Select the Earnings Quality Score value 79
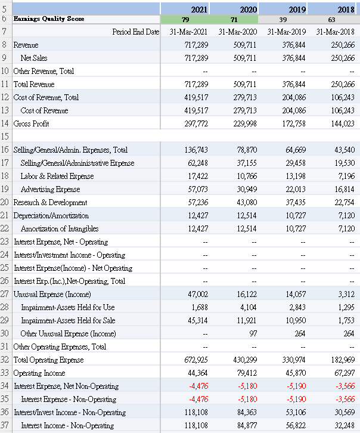(x=185, y=19)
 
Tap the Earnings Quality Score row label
(x=49, y=19)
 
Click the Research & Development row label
(x=50, y=202)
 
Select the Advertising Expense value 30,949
(x=245, y=189)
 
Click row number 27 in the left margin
(x=5, y=294)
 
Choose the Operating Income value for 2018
(x=342, y=373)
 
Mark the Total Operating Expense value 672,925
(x=195, y=360)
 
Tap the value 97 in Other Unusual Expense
(x=253, y=333)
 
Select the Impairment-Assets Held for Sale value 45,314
(x=198, y=320)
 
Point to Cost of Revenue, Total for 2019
(x=294, y=97)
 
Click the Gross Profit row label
(x=32, y=123)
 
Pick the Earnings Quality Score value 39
(x=283, y=19)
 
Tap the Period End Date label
(x=136, y=32)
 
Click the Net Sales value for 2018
(x=342, y=58)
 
